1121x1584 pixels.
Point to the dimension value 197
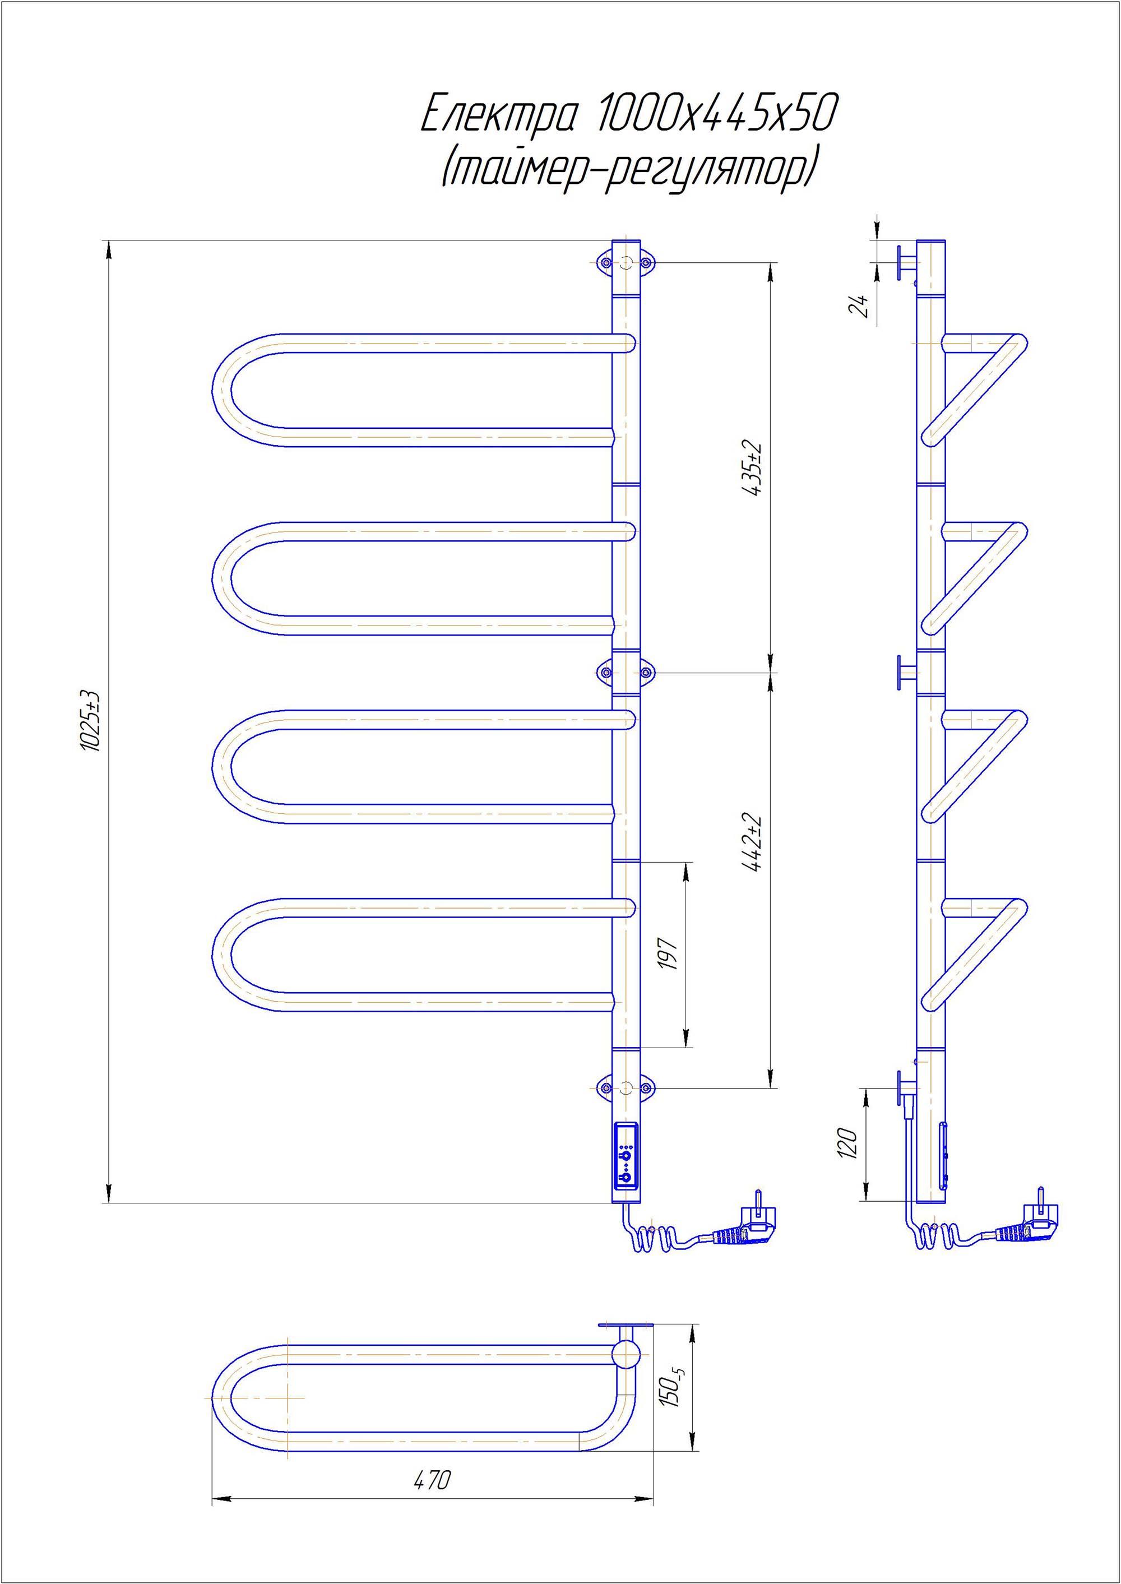[x=670, y=955]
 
